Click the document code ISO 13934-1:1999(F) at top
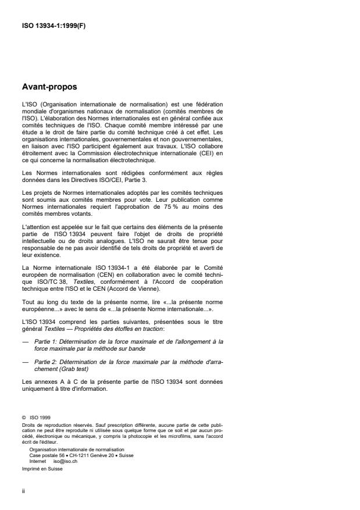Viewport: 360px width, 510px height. [54, 26]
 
